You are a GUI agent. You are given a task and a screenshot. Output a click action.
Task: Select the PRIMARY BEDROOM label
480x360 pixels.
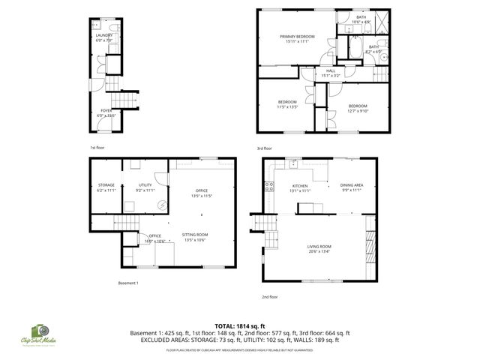click(297, 39)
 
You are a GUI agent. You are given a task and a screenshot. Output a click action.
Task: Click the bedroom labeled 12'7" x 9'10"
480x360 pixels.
click(357, 108)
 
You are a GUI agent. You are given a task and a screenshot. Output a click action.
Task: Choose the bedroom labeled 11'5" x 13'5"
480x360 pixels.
click(288, 104)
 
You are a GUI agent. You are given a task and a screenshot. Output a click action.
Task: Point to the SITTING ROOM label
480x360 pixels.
click(195, 237)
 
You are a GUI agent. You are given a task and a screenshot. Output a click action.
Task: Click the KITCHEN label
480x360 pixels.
click(300, 187)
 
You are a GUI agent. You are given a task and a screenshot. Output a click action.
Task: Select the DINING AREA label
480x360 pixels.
click(351, 187)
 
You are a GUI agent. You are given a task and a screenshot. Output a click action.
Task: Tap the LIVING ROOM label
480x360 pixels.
click(319, 248)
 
